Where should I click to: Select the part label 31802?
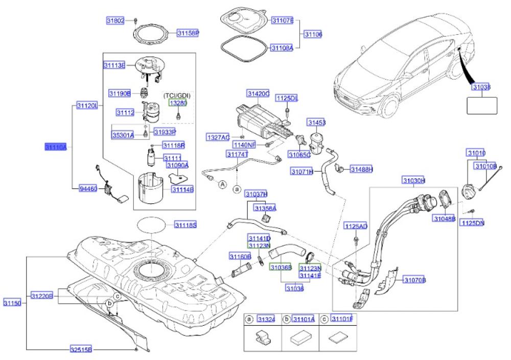[x=115, y=21]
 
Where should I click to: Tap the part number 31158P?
[x=188, y=33]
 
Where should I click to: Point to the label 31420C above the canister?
[x=258, y=94]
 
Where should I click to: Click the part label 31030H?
[x=413, y=181]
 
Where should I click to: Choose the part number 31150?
[x=13, y=303]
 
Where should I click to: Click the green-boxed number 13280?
[x=178, y=103]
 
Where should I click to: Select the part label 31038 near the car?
[x=481, y=88]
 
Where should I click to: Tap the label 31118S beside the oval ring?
[x=185, y=224]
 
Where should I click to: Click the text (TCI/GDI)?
[x=176, y=95]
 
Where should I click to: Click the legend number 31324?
[x=266, y=319]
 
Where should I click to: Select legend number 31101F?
[x=342, y=319]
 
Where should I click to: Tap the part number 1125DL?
[x=287, y=97]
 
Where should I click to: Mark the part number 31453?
[x=316, y=123]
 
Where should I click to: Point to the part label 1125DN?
[x=472, y=223]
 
